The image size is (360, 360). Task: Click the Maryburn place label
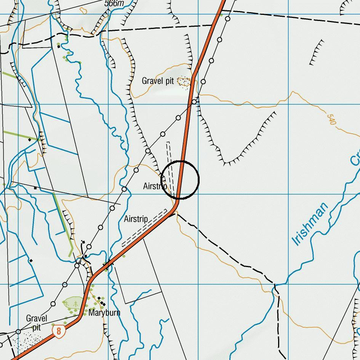[x=104, y=313]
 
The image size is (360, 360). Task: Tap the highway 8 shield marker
[x=58, y=330]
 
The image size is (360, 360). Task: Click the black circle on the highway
[x=180, y=180]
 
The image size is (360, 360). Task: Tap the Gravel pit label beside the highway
[x=158, y=81]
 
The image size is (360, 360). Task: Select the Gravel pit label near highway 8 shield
[x=37, y=323]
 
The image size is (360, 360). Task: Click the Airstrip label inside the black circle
[x=155, y=186]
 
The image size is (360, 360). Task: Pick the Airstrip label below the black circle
[x=136, y=219]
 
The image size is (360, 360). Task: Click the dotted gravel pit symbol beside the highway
[x=184, y=81]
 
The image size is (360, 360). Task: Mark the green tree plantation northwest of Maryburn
[x=73, y=304]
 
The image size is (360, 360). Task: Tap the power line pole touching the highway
[x=194, y=102]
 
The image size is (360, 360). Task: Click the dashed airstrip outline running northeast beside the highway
[x=145, y=227]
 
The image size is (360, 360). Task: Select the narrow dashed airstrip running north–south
[x=170, y=168]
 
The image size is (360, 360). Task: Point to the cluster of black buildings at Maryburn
[x=101, y=301]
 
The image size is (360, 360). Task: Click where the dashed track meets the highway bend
[x=175, y=214]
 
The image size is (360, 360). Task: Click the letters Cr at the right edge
[x=355, y=158]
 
